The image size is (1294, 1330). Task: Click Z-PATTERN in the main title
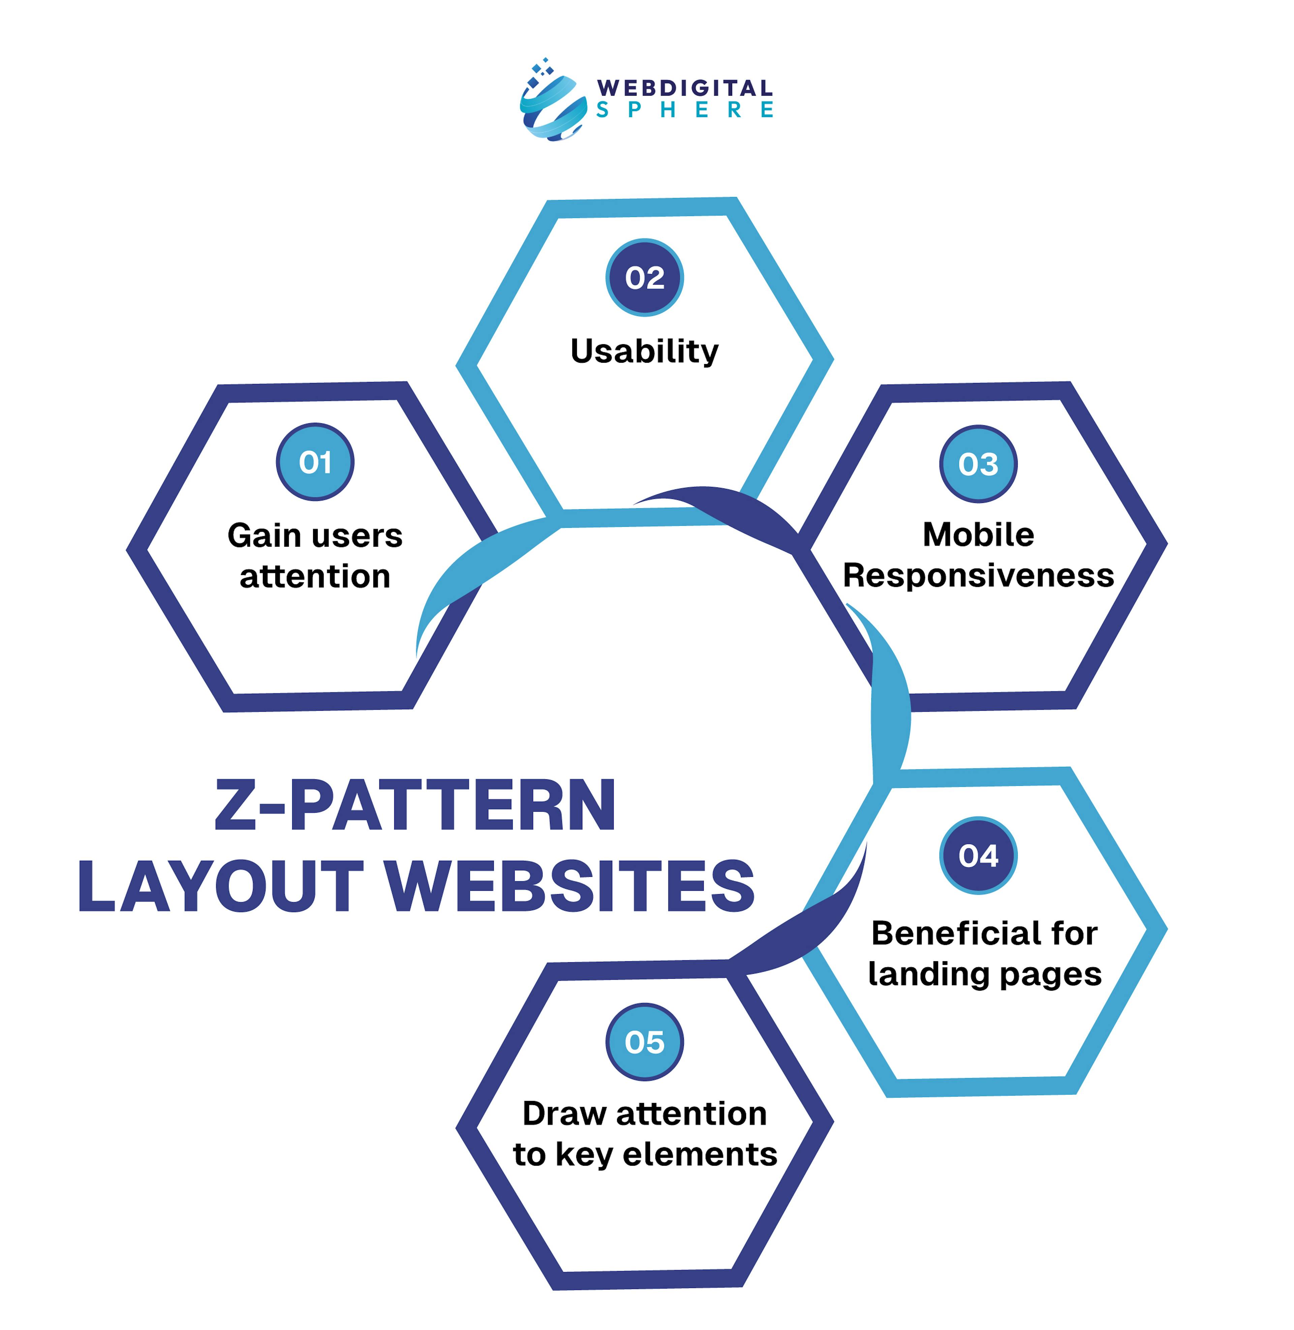tap(415, 806)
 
